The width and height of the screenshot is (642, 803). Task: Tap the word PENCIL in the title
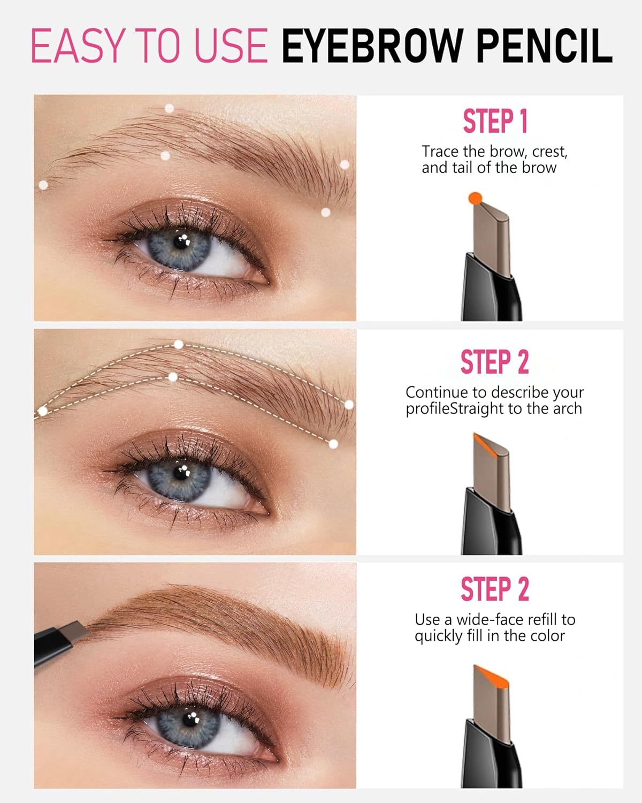pyautogui.click(x=544, y=46)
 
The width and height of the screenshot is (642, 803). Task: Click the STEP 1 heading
pyautogui.click(x=495, y=121)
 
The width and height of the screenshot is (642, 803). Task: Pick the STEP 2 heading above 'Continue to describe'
pyautogui.click(x=494, y=362)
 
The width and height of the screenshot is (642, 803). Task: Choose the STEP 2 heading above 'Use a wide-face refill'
pyautogui.click(x=494, y=589)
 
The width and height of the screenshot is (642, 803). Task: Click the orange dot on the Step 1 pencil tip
pyautogui.click(x=475, y=199)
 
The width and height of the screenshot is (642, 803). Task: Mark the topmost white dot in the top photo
pyautogui.click(x=169, y=108)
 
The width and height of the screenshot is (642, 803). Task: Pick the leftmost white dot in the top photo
pyautogui.click(x=43, y=185)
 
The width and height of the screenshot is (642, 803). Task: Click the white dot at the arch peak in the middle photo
pyautogui.click(x=179, y=344)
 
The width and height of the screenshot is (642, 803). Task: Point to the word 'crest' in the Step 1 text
pyautogui.click(x=549, y=151)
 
